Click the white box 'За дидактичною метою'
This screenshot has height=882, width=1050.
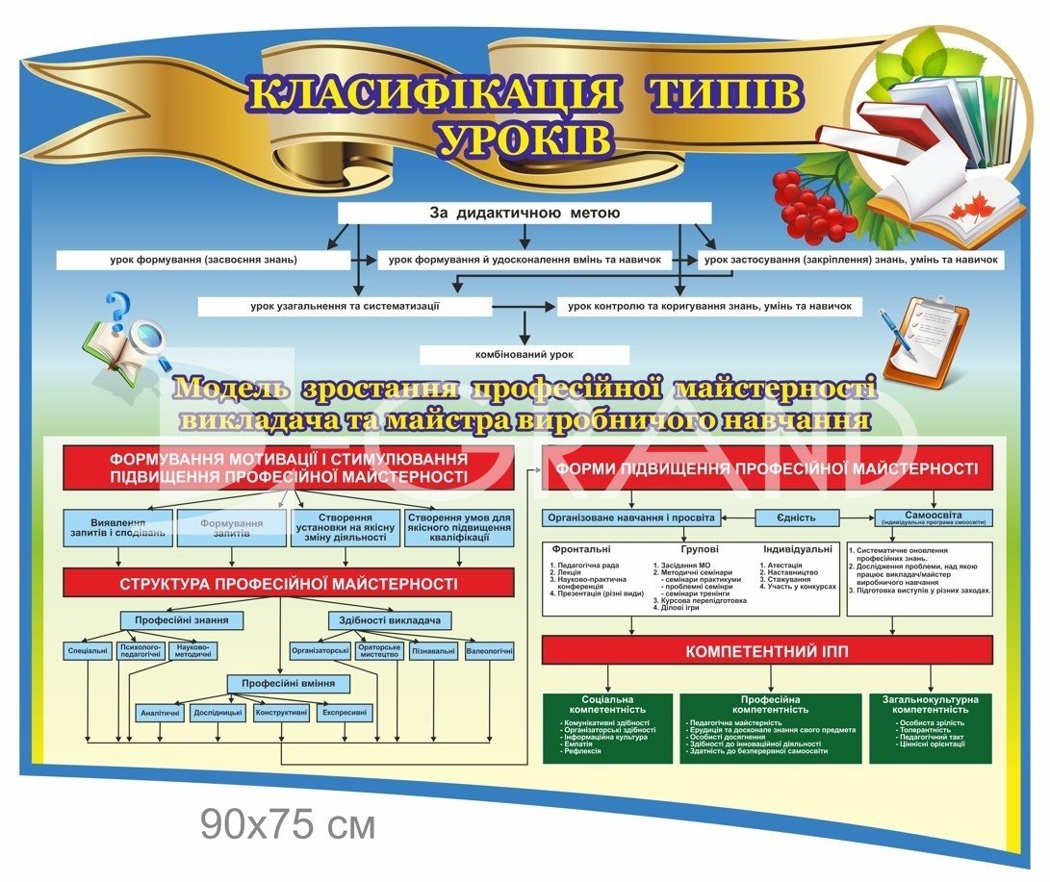coord(524,213)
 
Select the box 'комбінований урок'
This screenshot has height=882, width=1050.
coord(524,354)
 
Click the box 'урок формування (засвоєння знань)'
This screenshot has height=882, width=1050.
coord(203,260)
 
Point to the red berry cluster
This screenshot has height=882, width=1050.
coord(811,206)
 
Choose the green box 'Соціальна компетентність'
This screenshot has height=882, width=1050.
coord(607,727)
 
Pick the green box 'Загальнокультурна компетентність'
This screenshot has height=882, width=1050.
coord(930,727)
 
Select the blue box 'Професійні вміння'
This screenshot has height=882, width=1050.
coord(288,684)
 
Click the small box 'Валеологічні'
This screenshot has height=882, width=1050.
coord(489,651)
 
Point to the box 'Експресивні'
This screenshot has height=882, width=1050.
coord(345,713)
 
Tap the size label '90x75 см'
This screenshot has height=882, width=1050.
coord(288,823)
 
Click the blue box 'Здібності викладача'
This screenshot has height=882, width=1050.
coord(390,620)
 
